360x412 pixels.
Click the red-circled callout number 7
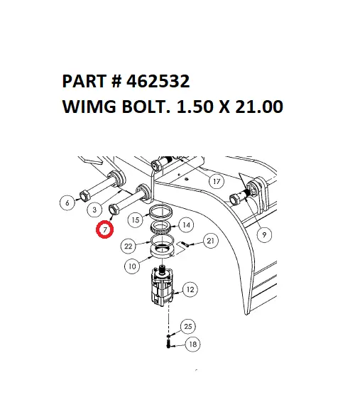(105, 230)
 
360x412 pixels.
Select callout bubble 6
(67, 203)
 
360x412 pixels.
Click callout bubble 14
(187, 225)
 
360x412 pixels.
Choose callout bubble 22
(129, 246)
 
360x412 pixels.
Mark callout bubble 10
(132, 267)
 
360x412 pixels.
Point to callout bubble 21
(211, 242)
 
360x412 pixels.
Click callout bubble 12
(190, 289)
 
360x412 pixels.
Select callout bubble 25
(187, 326)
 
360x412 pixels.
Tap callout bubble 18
(192, 345)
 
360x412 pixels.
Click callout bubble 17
(217, 181)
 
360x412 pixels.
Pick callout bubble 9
(263, 234)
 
